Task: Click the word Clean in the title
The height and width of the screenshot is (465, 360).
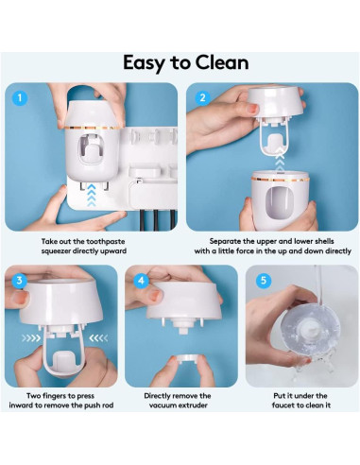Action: (214, 63)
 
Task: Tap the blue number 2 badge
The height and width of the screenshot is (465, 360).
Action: (201, 97)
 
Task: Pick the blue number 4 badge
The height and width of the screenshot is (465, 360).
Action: (142, 281)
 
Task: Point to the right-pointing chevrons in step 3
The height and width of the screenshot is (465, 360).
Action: (31, 335)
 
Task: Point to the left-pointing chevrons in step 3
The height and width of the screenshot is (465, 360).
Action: (93, 335)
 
